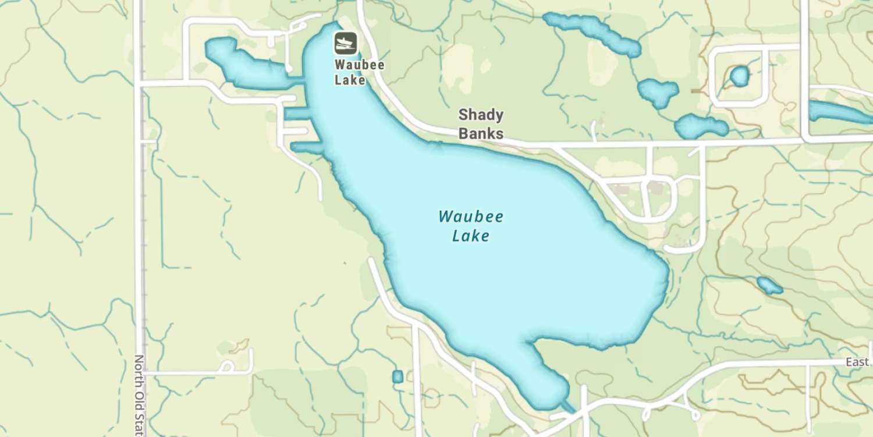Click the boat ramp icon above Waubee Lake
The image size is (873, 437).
(346, 43)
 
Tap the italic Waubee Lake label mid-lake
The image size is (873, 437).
(471, 226)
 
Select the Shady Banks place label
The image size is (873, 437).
(481, 124)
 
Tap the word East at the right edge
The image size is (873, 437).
(857, 362)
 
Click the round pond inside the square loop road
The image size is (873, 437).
(739, 76)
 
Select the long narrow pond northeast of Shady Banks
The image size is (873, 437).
(594, 33)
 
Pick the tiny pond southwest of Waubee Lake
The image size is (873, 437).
(398, 377)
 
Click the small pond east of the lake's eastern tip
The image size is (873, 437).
(769, 286)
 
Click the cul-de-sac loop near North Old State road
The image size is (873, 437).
(227, 366)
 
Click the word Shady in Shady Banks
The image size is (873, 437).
(481, 115)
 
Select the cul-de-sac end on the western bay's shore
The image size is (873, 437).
(289, 68)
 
